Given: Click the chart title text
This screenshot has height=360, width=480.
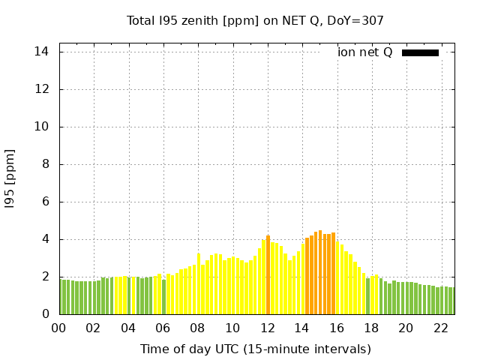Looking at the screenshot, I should coord(255,20).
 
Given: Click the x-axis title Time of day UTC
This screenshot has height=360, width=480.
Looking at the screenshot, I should coord(255,349).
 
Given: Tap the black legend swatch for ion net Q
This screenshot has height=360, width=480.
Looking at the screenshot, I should coord(420,52).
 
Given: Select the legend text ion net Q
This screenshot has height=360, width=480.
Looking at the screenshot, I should coord(365,52).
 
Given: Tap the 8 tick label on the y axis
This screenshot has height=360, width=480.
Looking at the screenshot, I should coord(45,164).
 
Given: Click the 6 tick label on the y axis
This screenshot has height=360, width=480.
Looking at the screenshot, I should coord(45,202).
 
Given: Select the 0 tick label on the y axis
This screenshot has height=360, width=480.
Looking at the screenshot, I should coord(45,314).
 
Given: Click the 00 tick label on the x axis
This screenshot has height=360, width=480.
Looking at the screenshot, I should coord(58,328).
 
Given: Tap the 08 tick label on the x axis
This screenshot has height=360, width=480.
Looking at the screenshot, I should coord(198,328).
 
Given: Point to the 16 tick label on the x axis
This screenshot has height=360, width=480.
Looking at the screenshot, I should coord(337,328).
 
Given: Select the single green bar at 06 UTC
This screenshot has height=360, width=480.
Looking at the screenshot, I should coord(163,297).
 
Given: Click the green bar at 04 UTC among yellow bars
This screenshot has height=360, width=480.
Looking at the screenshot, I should coord(129,295).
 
